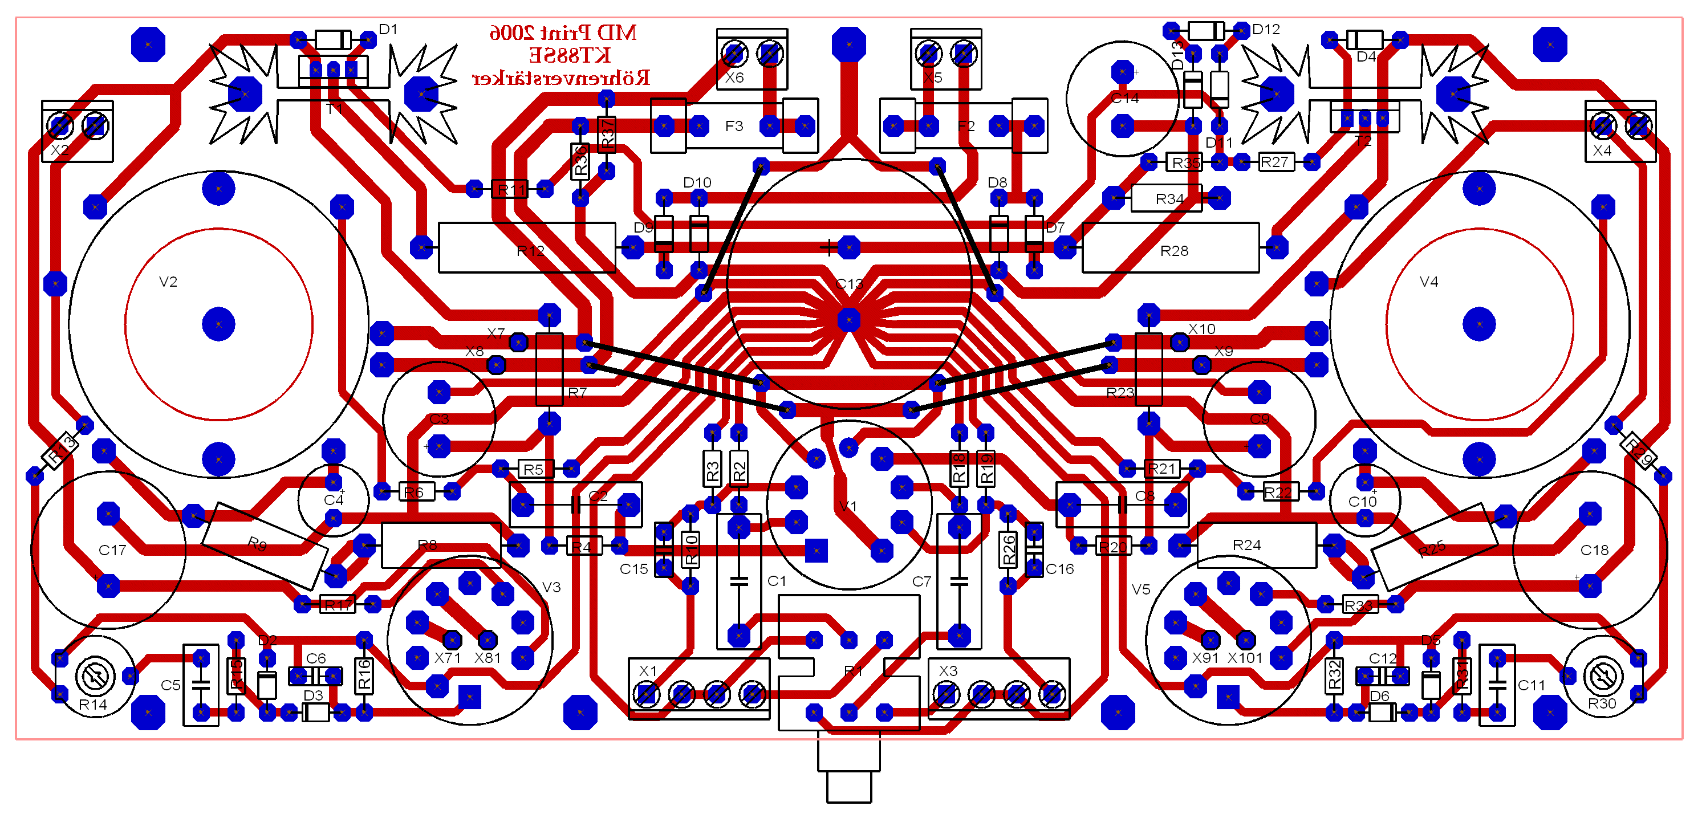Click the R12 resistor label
tap(530, 251)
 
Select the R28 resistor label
tap(1174, 251)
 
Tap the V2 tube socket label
tap(168, 282)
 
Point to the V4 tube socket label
tap(1428, 282)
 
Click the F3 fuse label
tap(734, 126)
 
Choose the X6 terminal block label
tap(735, 78)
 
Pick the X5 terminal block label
tap(933, 78)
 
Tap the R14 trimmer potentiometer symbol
tap(95, 676)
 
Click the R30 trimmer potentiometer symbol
tap(1603, 676)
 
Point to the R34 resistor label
tap(1169, 199)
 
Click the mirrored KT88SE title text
tap(570, 55)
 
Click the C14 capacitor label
tap(1124, 99)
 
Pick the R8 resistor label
tap(428, 545)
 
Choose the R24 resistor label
tap(1247, 545)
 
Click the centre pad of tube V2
tap(219, 324)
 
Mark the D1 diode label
tap(388, 30)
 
